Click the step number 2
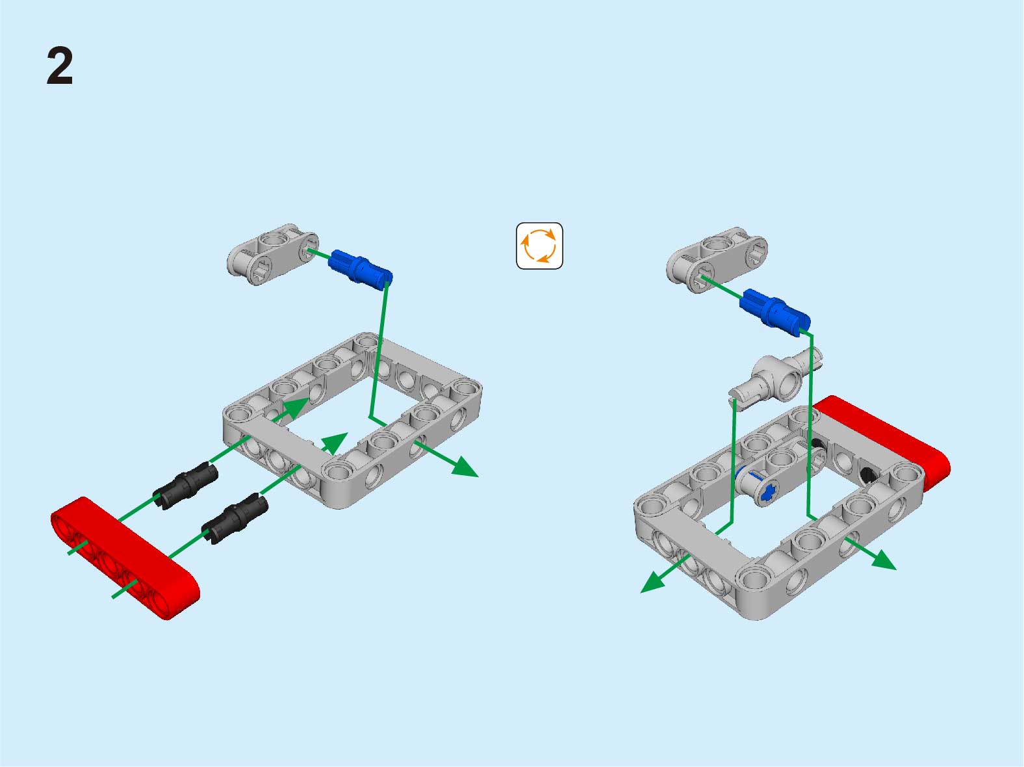click(60, 66)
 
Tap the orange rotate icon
click(539, 246)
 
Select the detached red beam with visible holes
click(125, 558)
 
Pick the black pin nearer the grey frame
click(186, 486)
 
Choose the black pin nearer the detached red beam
click(235, 518)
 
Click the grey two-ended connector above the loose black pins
click(273, 254)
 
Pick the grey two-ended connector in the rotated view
click(717, 259)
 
